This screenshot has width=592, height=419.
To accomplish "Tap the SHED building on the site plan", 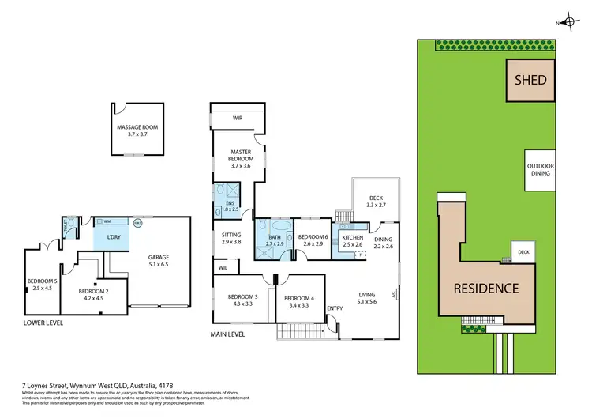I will (531, 80).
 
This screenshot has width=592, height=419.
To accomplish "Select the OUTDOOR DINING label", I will (541, 170).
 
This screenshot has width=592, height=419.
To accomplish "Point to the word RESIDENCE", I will (485, 288).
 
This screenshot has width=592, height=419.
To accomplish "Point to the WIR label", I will (237, 119).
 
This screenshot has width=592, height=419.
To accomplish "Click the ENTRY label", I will (335, 308).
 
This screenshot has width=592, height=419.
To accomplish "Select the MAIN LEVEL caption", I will (229, 334).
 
